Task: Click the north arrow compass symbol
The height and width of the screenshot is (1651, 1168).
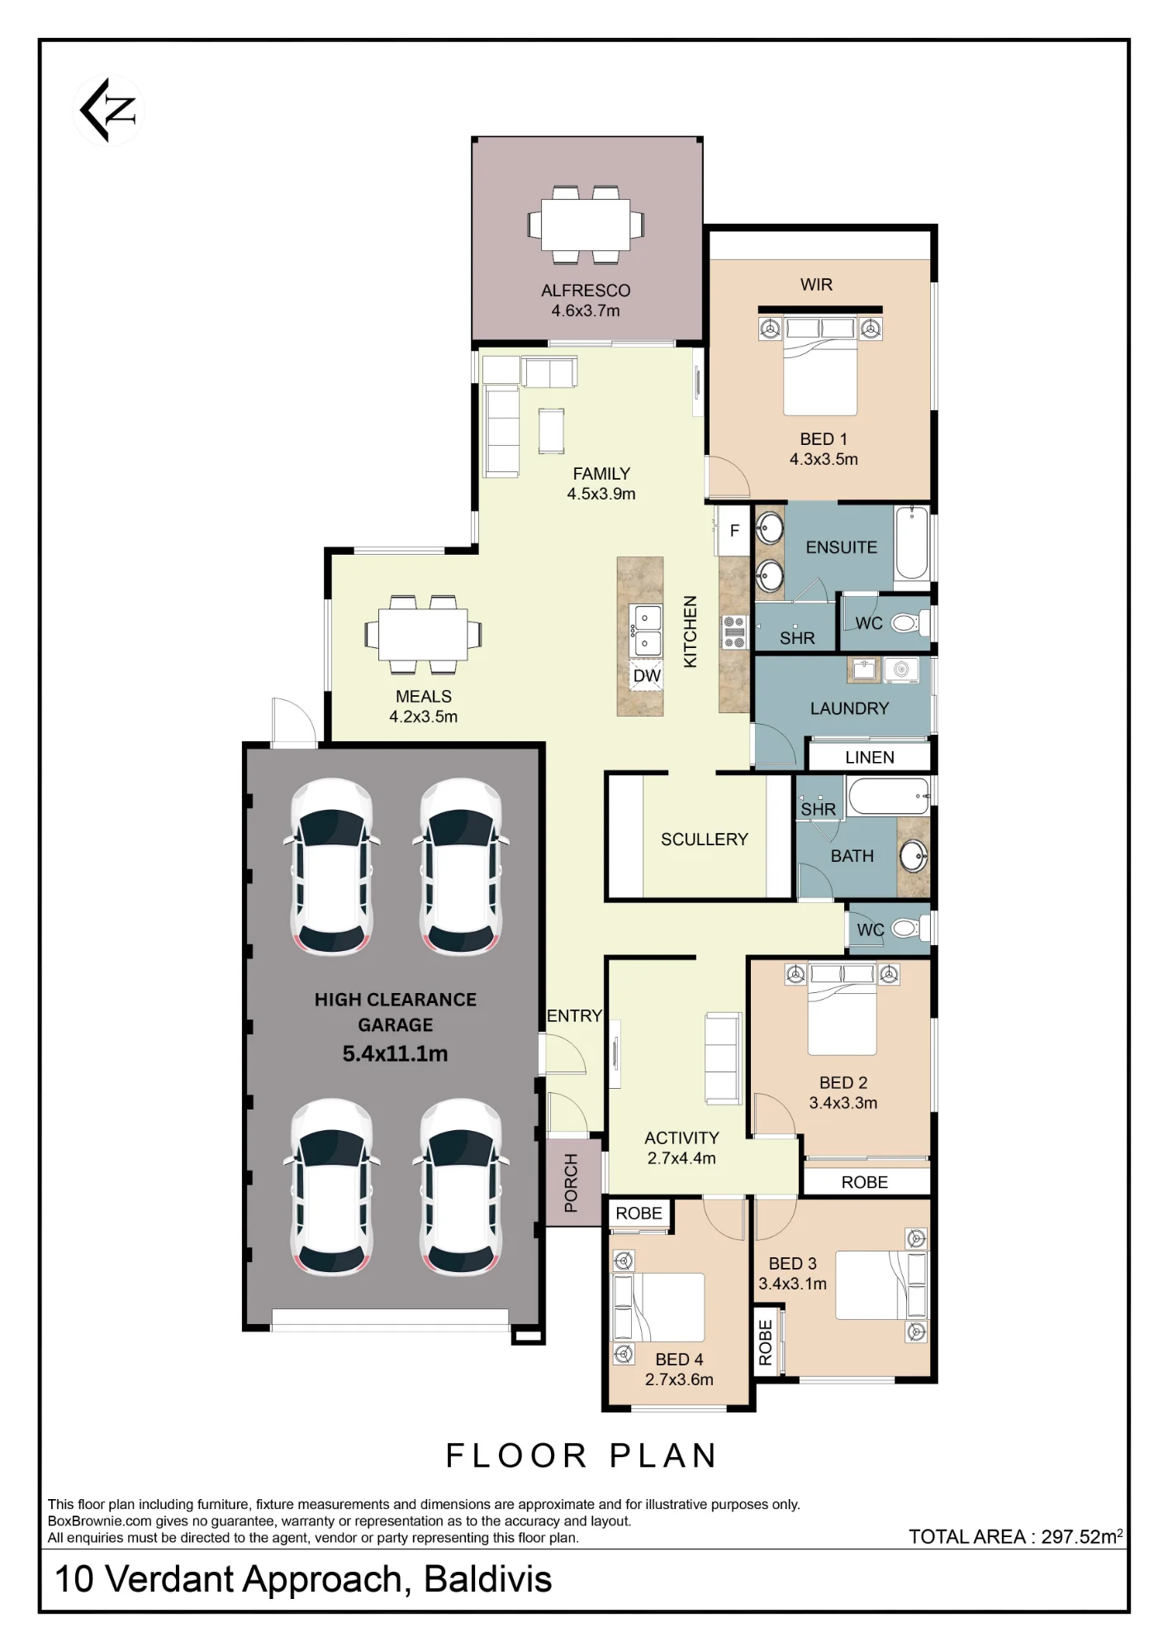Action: point(109,110)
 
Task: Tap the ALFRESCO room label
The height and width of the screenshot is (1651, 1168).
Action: point(586,291)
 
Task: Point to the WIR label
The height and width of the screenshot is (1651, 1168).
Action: point(816,285)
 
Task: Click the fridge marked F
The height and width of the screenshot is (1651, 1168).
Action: point(734,530)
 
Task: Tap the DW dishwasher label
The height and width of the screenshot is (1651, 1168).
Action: point(647,676)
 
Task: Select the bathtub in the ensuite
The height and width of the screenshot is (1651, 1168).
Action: point(912,542)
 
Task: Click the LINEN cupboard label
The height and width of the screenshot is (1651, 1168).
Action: point(869,757)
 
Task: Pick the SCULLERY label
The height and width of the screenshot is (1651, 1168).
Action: point(705,840)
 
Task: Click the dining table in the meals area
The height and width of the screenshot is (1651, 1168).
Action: point(423,634)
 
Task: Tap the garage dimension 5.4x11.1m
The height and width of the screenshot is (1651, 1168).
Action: point(395,1053)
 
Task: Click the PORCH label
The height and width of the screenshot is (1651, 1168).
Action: point(571,1182)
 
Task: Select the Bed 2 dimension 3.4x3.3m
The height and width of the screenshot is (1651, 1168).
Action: point(843,1103)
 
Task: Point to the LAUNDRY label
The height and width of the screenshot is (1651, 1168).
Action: point(849,708)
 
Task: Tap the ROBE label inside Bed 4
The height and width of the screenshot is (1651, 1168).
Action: point(639,1213)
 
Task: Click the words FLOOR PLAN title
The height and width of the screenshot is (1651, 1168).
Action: point(582,1455)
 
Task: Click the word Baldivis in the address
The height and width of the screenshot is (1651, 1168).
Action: point(487,1579)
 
